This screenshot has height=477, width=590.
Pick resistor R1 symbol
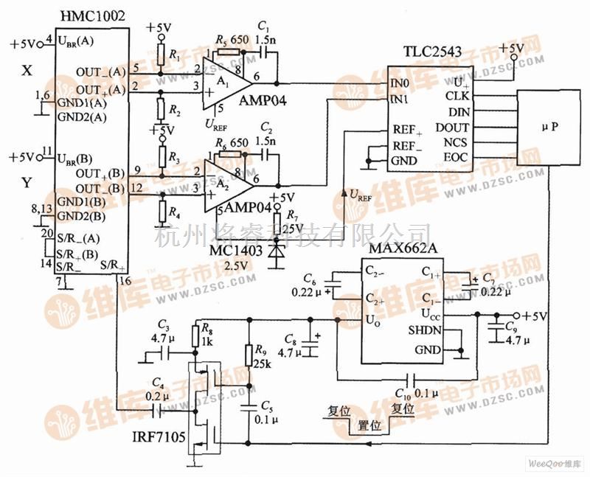click(x=160, y=56)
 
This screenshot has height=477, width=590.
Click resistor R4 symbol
click(x=160, y=215)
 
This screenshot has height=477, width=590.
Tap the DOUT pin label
click(x=451, y=126)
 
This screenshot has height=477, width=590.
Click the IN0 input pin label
click(x=400, y=85)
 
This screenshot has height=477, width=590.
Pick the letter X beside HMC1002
click(x=27, y=72)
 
